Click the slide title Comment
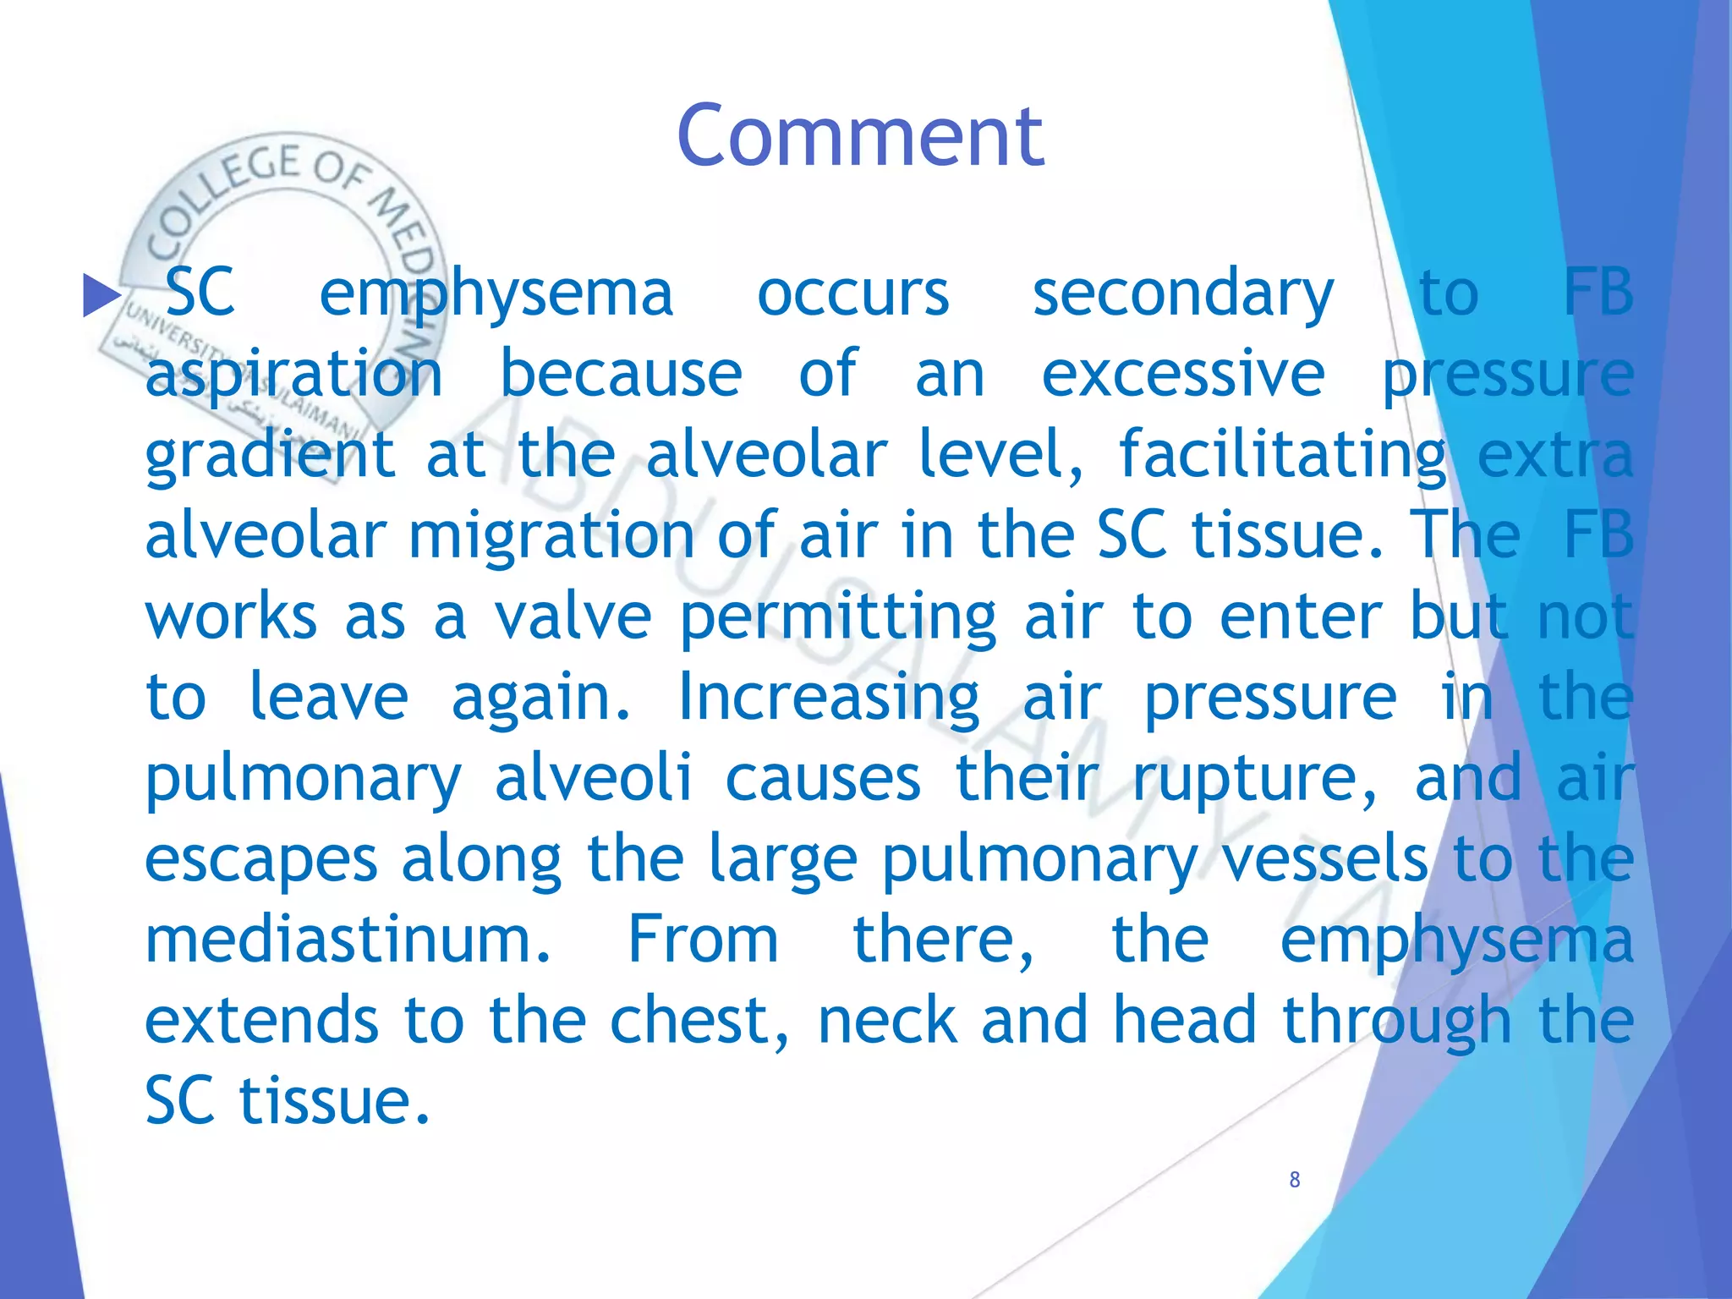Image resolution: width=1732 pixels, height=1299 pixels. pos(860,137)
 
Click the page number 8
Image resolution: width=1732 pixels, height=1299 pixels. pos(1294,1180)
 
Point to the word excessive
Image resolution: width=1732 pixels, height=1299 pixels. pos(1182,374)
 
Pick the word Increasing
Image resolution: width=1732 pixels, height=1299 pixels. pos(829,698)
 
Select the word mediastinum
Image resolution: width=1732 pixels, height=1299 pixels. pos(348,940)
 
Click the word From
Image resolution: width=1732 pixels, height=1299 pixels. pos(703,940)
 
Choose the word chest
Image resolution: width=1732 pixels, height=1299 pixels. pos(699,1021)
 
